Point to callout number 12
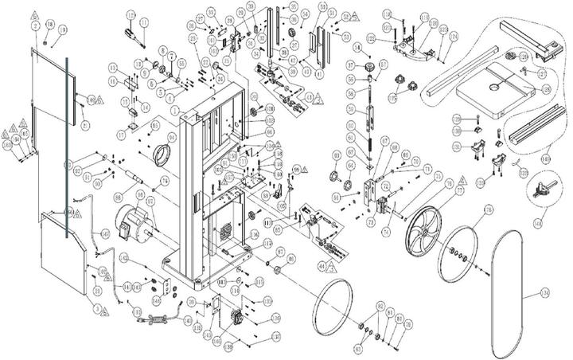131,15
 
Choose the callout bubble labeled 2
35,26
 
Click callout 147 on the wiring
105,233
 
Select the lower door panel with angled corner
63,255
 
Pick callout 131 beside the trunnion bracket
455,147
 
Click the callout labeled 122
372,37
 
